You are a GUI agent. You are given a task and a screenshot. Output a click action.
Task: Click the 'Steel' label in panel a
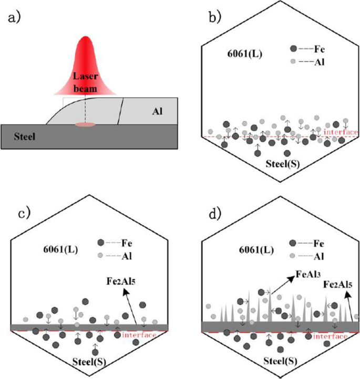pos(15,138)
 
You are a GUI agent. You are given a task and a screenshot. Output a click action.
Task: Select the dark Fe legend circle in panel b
pos(293,49)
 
